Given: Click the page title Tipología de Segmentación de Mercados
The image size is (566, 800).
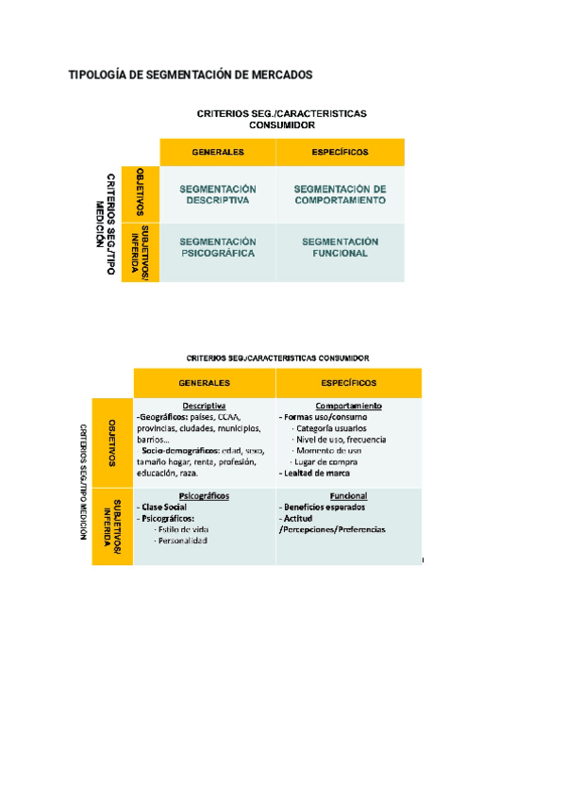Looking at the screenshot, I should tap(190, 75).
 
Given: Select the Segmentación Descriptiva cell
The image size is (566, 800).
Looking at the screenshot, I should tap(217, 194).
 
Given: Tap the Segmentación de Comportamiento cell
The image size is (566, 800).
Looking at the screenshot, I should tap(340, 194).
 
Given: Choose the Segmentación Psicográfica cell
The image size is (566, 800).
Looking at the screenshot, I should tap(217, 247).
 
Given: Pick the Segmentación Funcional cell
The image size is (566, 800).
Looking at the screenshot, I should tap(340, 247).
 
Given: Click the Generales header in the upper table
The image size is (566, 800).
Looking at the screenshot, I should tap(217, 152).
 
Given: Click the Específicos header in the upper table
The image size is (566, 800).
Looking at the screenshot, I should tap(340, 152).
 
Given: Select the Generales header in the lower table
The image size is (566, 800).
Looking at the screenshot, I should tap(205, 383).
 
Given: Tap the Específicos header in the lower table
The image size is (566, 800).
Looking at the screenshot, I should tap(348, 383).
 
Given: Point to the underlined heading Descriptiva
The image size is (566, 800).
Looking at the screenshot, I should tap(204, 406).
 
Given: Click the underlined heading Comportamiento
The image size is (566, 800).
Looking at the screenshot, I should tap(348, 406).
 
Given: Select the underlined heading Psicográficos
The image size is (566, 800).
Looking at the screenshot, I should tap(204, 495).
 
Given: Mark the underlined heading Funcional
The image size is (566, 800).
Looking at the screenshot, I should tap(348, 495).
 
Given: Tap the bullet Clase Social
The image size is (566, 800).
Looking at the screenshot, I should tap(164, 507).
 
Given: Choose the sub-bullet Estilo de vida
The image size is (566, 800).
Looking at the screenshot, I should tap(183, 529).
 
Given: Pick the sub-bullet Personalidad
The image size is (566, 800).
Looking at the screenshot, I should tap(182, 541).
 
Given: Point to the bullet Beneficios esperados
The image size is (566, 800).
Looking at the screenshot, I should tap(325, 507).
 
